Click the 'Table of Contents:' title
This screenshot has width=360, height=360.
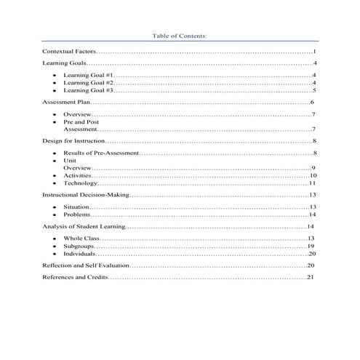pos(180,35)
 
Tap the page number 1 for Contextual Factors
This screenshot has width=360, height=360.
pos(313,52)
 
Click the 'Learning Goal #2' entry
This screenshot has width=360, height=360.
pos(88,83)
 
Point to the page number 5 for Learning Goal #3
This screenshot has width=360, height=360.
pos(313,91)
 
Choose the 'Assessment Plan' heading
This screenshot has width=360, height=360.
pos(66,104)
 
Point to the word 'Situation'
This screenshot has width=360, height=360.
pos(76,207)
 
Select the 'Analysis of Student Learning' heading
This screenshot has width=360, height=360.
pos(83,227)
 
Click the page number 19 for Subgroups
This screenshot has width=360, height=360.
pos(311,247)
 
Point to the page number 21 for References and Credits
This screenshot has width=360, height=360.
pos(310,277)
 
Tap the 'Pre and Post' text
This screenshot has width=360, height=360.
pos(81,122)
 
